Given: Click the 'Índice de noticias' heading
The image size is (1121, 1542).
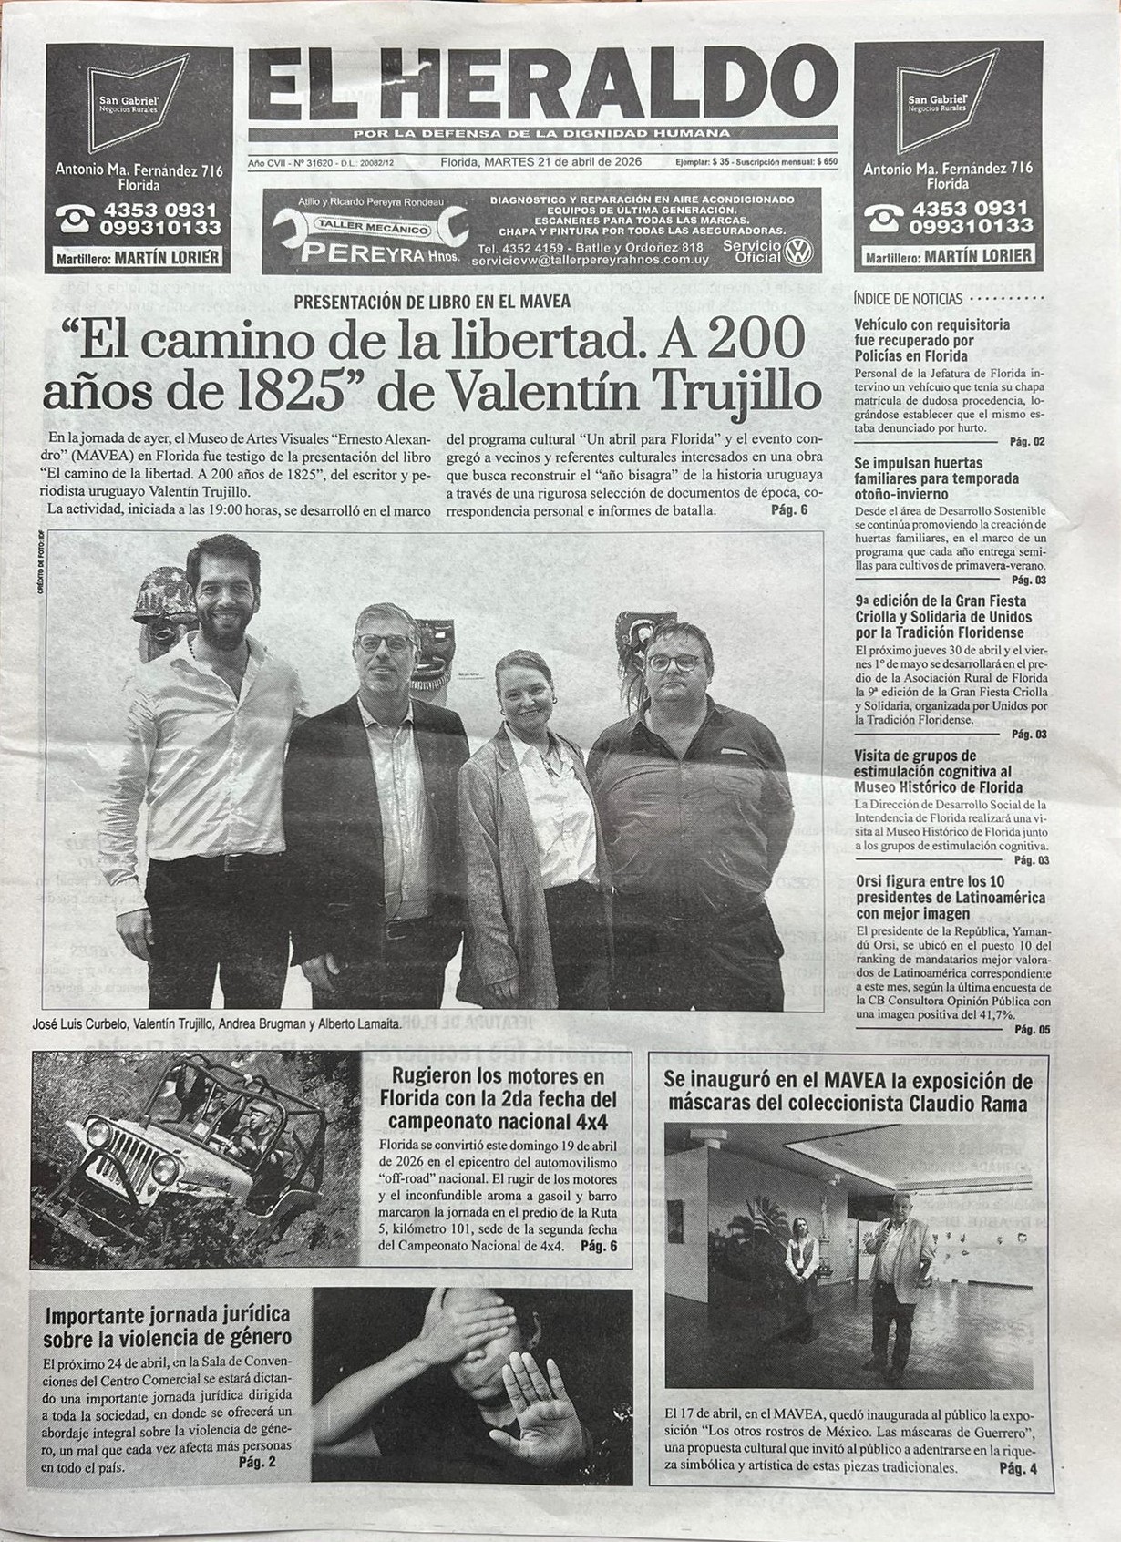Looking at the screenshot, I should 908,299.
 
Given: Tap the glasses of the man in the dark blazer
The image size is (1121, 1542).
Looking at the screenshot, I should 384,642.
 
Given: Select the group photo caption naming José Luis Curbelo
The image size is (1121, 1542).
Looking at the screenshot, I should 216,1023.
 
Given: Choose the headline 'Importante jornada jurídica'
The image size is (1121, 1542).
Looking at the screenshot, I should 168,1326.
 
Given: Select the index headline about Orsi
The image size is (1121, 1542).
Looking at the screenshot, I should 937,897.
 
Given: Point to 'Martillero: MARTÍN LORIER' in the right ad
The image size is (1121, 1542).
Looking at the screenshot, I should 949,257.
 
